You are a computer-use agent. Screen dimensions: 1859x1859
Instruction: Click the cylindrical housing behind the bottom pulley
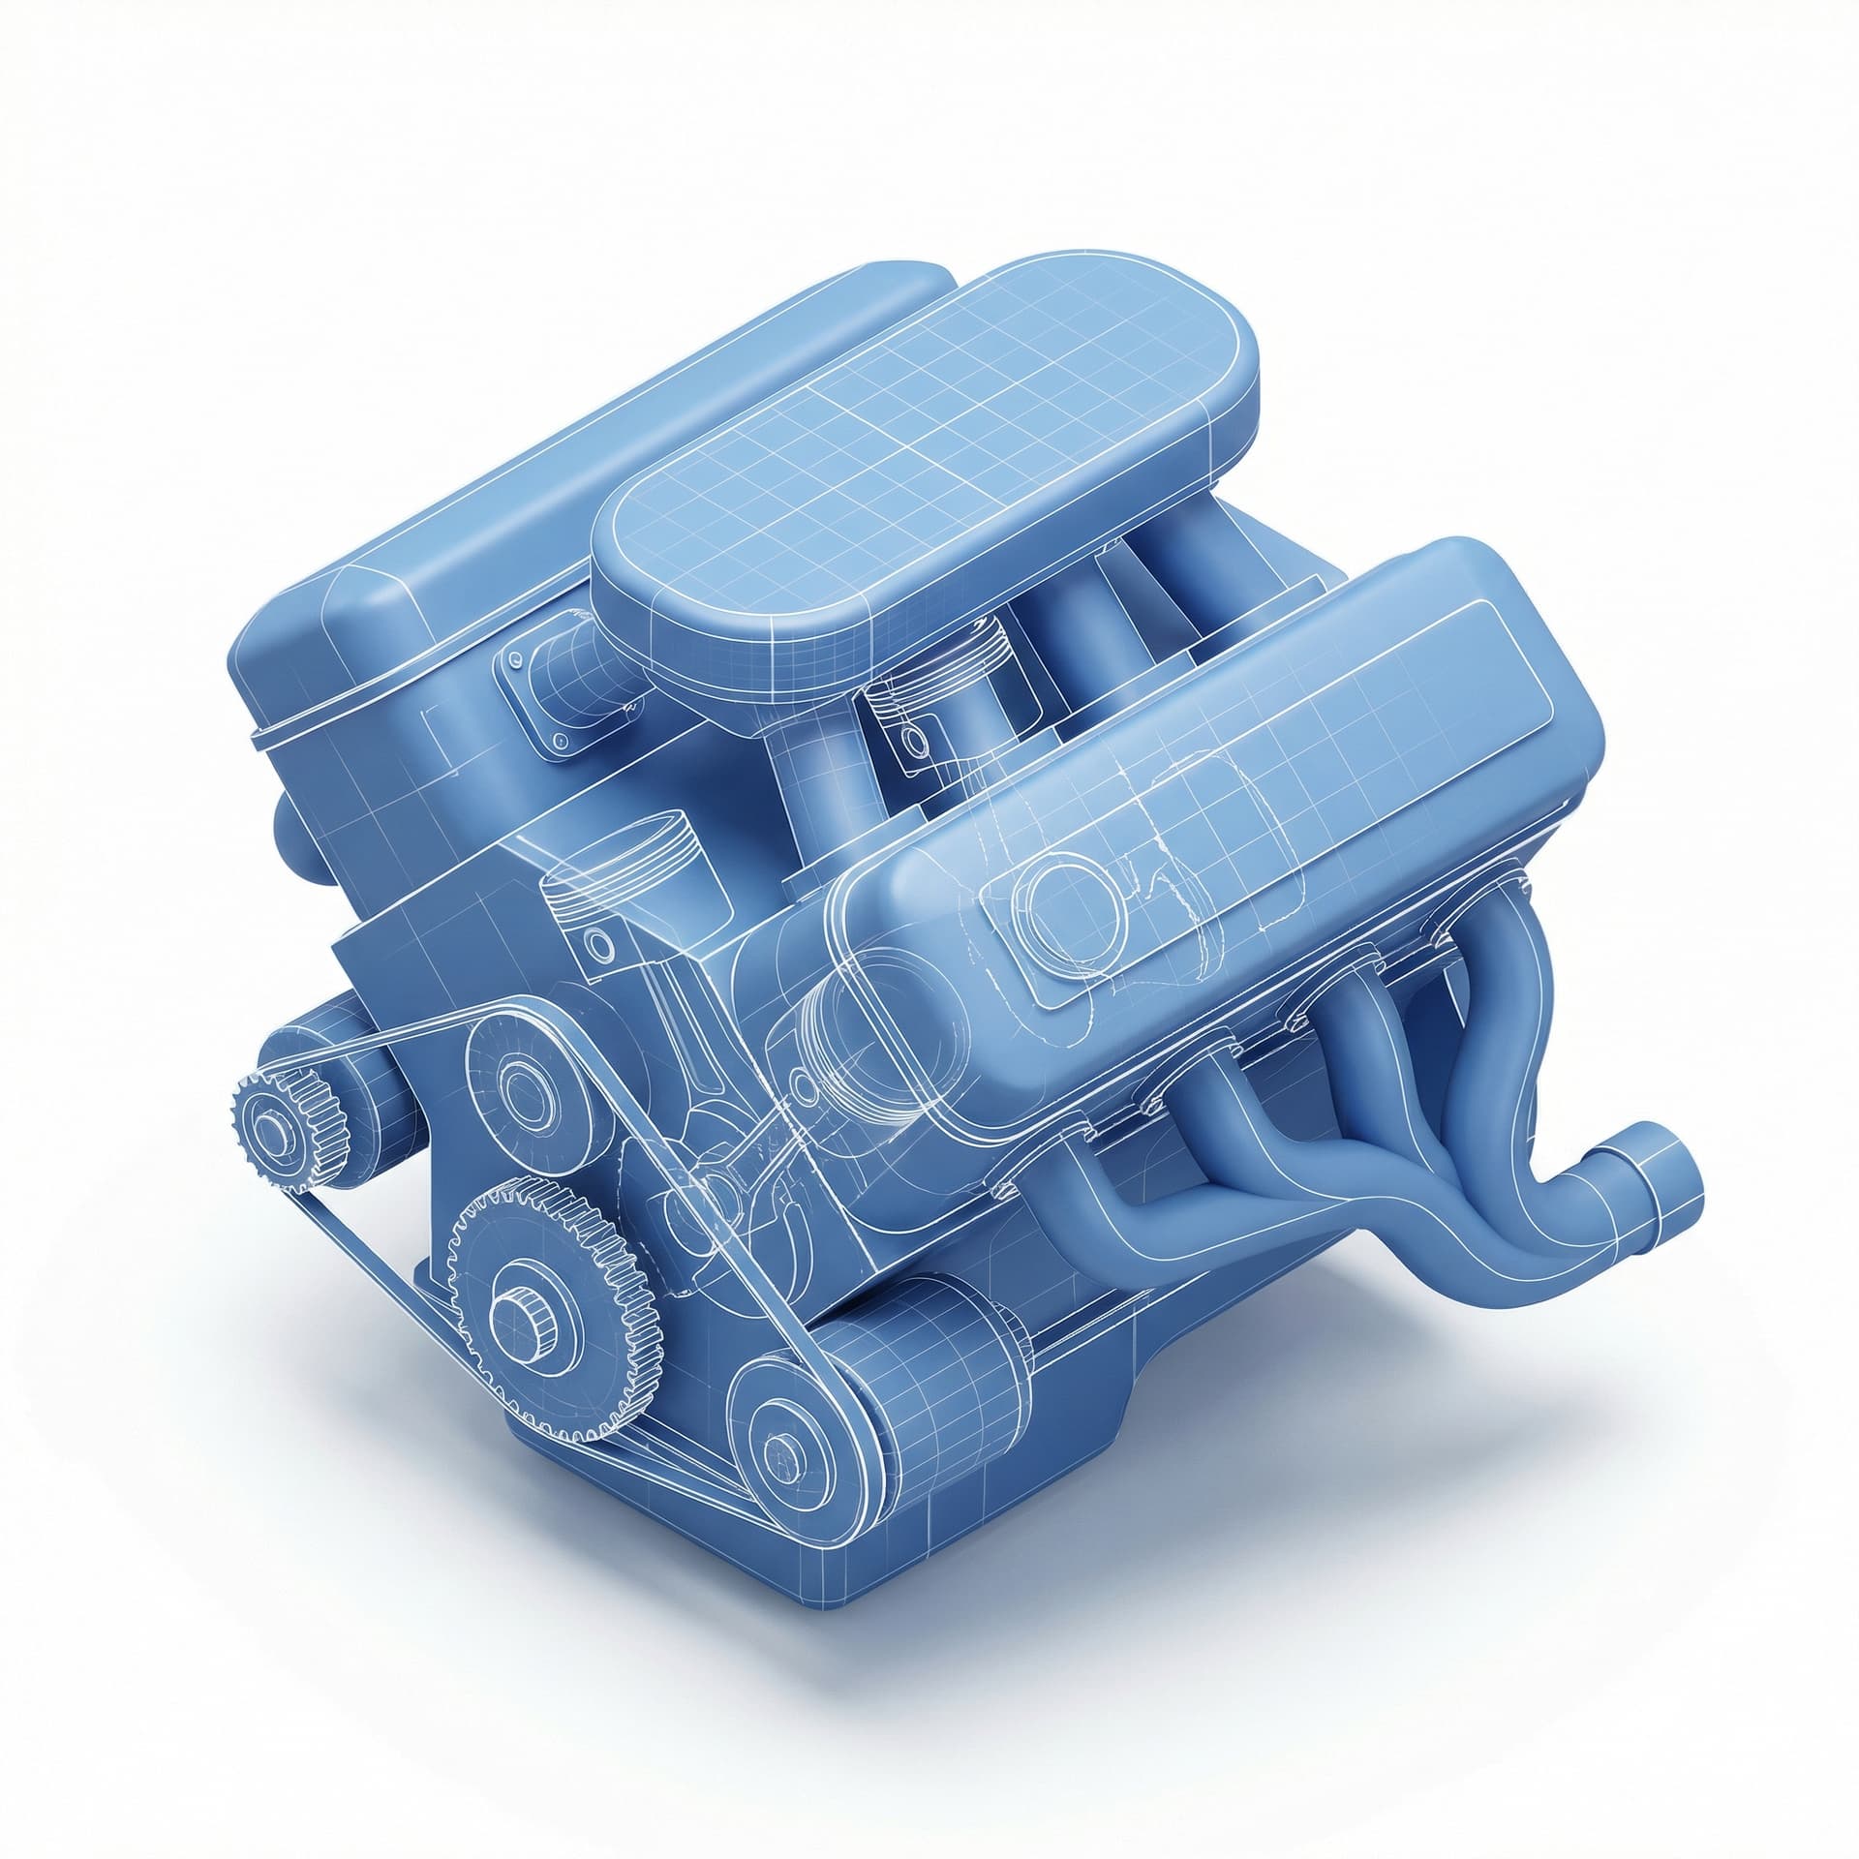pos(929,1356)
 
